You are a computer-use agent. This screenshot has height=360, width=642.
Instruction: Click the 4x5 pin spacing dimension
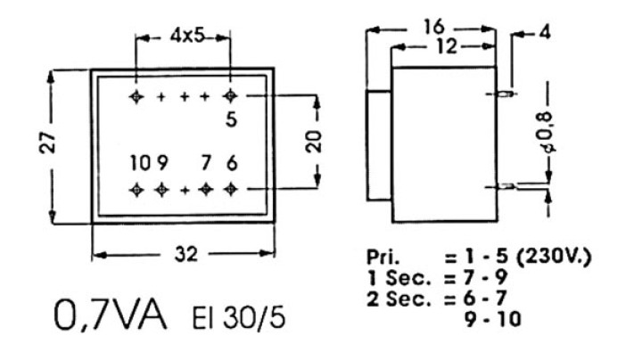tap(186, 37)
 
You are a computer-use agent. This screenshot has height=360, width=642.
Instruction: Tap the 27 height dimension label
tap(48, 143)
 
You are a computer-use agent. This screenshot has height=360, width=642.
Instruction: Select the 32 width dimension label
tap(186, 255)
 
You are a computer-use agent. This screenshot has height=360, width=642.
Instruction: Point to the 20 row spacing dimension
tap(315, 142)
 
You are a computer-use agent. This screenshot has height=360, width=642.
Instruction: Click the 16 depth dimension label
tap(434, 27)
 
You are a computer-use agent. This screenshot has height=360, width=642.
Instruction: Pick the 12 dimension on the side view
tap(447, 46)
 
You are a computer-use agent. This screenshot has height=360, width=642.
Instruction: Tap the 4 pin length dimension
tap(545, 32)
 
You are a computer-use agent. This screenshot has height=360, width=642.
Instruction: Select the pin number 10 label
tap(141, 163)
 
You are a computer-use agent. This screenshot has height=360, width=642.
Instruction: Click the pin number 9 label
tap(162, 163)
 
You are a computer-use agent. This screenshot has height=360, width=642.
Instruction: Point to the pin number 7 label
tap(206, 163)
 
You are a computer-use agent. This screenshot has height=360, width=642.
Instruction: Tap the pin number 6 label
tap(232, 163)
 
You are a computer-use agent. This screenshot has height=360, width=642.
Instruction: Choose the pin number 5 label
tap(232, 119)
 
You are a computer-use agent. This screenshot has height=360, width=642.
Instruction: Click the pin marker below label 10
tap(136, 190)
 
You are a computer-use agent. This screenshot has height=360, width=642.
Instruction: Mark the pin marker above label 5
tap(231, 96)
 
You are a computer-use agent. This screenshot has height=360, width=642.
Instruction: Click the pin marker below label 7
tap(206, 190)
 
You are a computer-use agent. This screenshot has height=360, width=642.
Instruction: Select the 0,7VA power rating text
tap(111, 315)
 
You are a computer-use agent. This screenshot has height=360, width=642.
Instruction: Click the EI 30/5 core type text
tap(239, 318)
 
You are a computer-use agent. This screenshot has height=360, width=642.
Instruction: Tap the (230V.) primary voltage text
tap(554, 258)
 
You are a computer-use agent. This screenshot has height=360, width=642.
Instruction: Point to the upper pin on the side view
tap(504, 94)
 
